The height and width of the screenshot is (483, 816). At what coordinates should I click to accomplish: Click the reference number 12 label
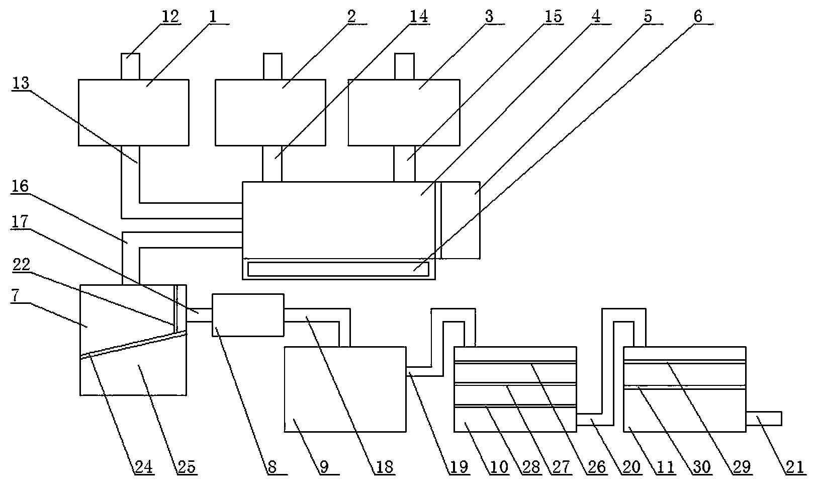click(x=169, y=16)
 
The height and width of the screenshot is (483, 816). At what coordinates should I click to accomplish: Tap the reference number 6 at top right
click(x=698, y=16)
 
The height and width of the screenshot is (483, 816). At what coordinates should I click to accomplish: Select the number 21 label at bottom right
click(x=794, y=467)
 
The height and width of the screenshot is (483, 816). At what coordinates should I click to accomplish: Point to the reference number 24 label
click(x=143, y=467)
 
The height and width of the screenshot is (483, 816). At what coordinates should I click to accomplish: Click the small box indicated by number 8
click(x=248, y=315)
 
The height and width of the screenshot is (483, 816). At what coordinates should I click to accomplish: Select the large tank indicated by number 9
click(x=345, y=388)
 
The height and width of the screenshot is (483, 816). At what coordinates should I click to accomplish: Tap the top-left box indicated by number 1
click(x=133, y=112)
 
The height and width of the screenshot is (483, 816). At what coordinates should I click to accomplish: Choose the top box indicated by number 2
click(x=270, y=112)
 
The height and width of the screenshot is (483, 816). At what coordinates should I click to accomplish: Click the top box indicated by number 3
click(x=403, y=112)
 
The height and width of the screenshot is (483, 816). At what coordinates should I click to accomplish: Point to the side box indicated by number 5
click(x=461, y=220)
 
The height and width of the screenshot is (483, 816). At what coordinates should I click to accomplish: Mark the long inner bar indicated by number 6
click(x=337, y=269)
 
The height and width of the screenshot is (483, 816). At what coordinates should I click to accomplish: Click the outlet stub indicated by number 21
click(x=764, y=418)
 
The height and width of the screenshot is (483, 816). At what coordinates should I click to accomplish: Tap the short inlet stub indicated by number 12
click(x=130, y=66)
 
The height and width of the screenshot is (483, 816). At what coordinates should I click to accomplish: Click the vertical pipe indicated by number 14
click(x=272, y=164)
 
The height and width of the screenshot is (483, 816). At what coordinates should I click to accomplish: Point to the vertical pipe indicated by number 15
click(x=405, y=164)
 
